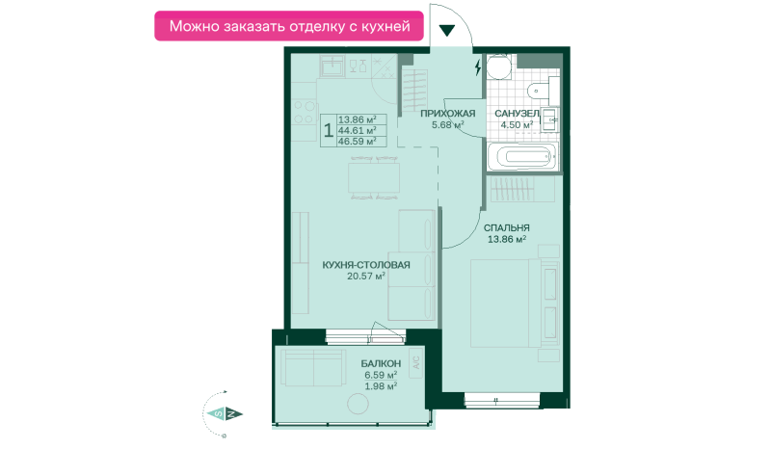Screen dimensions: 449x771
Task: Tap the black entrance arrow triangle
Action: point(447,29)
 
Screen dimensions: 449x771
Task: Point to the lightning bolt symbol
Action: point(478,66)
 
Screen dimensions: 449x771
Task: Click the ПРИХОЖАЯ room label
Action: point(447,113)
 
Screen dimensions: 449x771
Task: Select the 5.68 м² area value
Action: point(447,124)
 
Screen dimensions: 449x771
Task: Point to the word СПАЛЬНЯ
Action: point(507,227)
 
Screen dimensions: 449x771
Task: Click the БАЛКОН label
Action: point(381,363)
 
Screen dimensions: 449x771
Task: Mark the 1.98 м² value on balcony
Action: point(381,386)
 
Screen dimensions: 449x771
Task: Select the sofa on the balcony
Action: point(312,367)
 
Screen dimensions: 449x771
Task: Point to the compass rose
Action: point(224,413)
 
